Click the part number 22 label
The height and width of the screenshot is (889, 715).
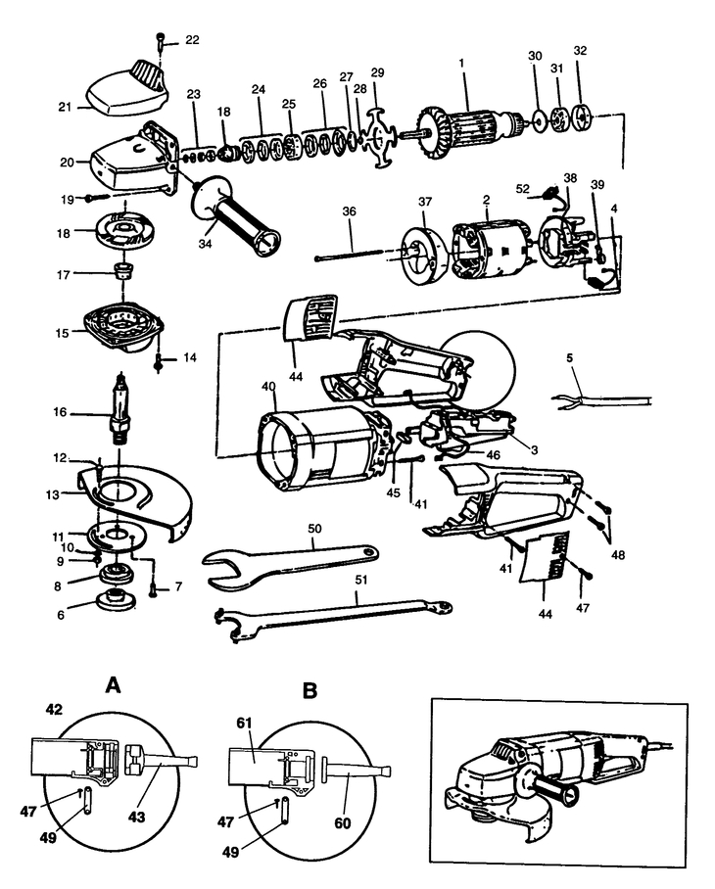coord(191,39)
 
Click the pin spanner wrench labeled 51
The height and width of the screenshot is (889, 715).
coord(333,615)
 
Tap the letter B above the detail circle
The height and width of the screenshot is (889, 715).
coord(310,690)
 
